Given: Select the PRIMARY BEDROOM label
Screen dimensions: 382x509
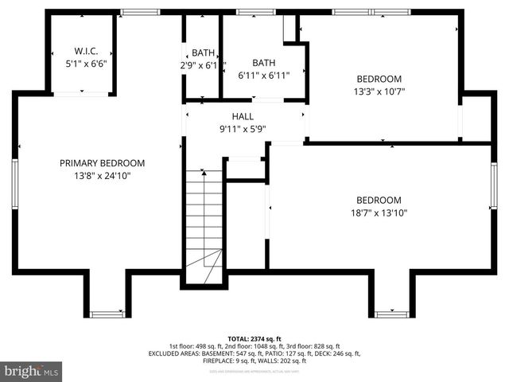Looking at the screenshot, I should pyautogui.click(x=102, y=163).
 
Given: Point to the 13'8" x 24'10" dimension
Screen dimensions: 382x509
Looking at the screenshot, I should pyautogui.click(x=102, y=176).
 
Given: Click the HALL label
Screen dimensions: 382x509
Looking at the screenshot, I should pyautogui.click(x=243, y=116).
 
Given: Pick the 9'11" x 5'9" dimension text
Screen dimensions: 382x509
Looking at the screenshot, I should pyautogui.click(x=243, y=128).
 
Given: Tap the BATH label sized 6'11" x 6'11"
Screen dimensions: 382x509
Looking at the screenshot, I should pyautogui.click(x=263, y=63).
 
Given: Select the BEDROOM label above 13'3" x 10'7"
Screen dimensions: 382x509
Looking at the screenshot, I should pyautogui.click(x=379, y=79).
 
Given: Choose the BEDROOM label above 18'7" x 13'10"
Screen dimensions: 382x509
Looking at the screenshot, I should pyautogui.click(x=379, y=200).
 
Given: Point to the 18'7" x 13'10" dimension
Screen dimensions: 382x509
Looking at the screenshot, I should pyautogui.click(x=379, y=212).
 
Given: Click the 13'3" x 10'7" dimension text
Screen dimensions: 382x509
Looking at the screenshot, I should pyautogui.click(x=379, y=92).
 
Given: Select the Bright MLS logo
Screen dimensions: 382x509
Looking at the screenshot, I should pyautogui.click(x=32, y=371).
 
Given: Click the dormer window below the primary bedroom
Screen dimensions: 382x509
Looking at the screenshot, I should pyautogui.click(x=107, y=314).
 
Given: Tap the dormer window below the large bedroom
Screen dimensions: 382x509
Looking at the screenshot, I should pyautogui.click(x=391, y=314).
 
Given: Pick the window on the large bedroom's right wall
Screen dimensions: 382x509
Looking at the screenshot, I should pyautogui.click(x=494, y=186).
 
